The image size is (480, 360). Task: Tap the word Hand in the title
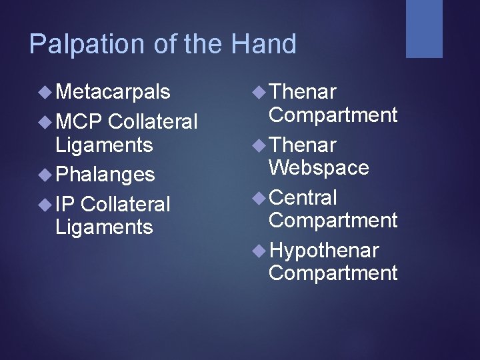pos(263,45)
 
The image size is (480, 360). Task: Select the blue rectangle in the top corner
pos(425,29)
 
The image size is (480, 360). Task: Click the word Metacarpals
pos(113,91)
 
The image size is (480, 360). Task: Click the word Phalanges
pos(105,175)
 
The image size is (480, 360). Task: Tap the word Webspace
pos(319,167)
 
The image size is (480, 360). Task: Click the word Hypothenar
pos(324,251)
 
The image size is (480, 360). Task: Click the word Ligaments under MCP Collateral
pos(104,145)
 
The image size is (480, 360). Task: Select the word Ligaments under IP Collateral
pos(104,227)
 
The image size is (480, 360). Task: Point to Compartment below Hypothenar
pos(333,273)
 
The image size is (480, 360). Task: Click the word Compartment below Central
pos(333,220)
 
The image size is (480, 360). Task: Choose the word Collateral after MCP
pos(152,122)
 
